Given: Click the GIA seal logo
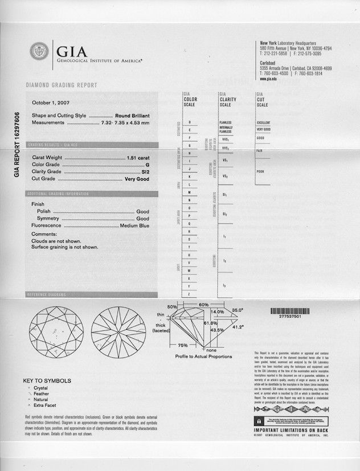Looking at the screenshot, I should coord(39,52).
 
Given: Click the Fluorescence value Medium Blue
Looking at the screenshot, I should coord(134,226).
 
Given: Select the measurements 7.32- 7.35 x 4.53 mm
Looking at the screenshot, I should coord(125,122).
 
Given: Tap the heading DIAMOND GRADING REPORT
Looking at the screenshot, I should coord(61,85).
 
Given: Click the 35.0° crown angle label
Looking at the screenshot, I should coord(238,310).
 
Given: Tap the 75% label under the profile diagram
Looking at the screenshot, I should coord(182,346).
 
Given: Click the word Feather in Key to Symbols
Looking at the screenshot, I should coord(42,394).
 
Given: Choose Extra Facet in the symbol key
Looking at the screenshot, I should coord(46,405).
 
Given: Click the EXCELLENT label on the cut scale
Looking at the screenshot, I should coord(263,122).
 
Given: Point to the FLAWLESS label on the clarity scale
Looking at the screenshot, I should coord(226,122).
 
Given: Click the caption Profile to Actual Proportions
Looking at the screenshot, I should coord(203,357).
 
